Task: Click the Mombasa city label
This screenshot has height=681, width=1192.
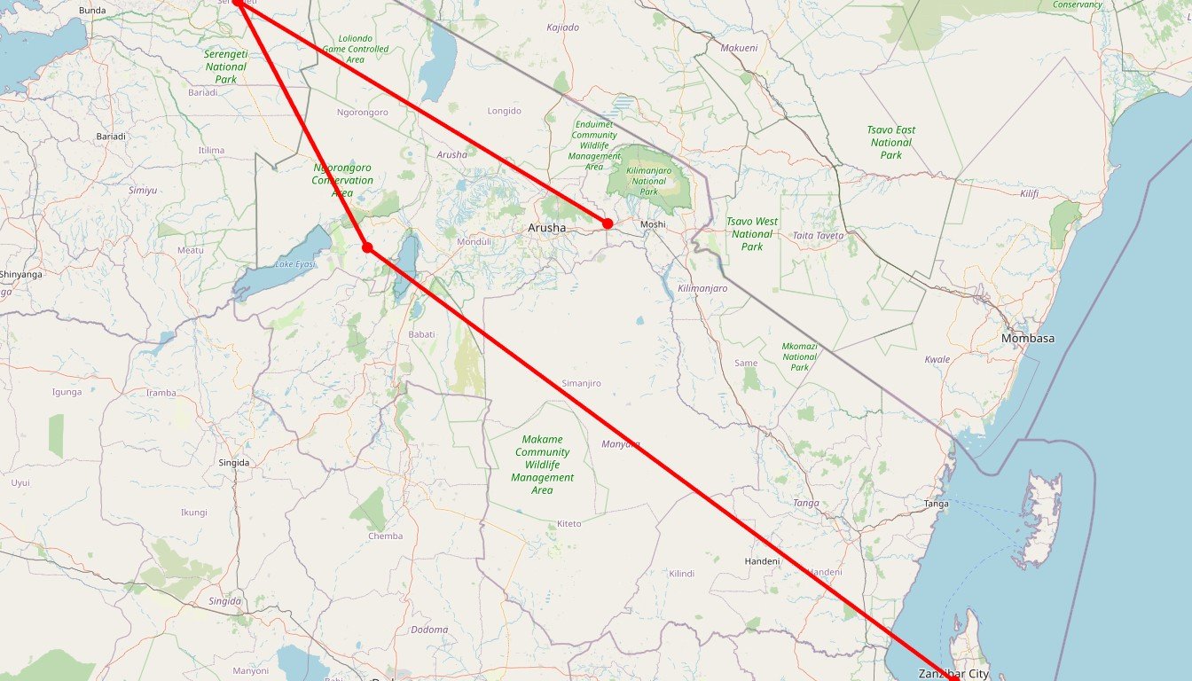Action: tap(1028, 339)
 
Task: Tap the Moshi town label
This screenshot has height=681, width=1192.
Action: tap(653, 224)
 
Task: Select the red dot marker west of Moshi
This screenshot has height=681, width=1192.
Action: tap(608, 223)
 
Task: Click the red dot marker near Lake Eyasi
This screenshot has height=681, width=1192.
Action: tap(367, 247)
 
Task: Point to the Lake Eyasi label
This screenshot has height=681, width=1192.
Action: tap(295, 264)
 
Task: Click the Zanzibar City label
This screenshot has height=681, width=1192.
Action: tap(953, 674)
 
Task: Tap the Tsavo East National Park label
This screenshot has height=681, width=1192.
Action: tap(891, 142)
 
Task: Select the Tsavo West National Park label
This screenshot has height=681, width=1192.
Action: tap(752, 234)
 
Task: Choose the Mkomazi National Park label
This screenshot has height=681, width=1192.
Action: tap(800, 356)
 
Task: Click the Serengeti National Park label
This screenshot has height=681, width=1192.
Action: tap(225, 67)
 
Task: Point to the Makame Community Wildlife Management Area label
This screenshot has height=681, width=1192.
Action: tap(542, 465)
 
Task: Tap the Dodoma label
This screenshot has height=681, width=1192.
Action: tap(429, 630)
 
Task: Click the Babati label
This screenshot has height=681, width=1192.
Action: tap(421, 334)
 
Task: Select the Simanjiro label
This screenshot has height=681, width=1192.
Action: tap(582, 383)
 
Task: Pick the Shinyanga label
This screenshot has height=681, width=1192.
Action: tap(21, 275)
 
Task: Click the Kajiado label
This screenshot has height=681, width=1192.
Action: tap(563, 27)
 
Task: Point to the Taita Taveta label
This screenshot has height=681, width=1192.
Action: tap(819, 236)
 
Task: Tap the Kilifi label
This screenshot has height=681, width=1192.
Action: tap(1029, 193)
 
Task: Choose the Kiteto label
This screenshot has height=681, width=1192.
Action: tap(569, 524)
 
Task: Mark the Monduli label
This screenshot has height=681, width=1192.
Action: tap(474, 242)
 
